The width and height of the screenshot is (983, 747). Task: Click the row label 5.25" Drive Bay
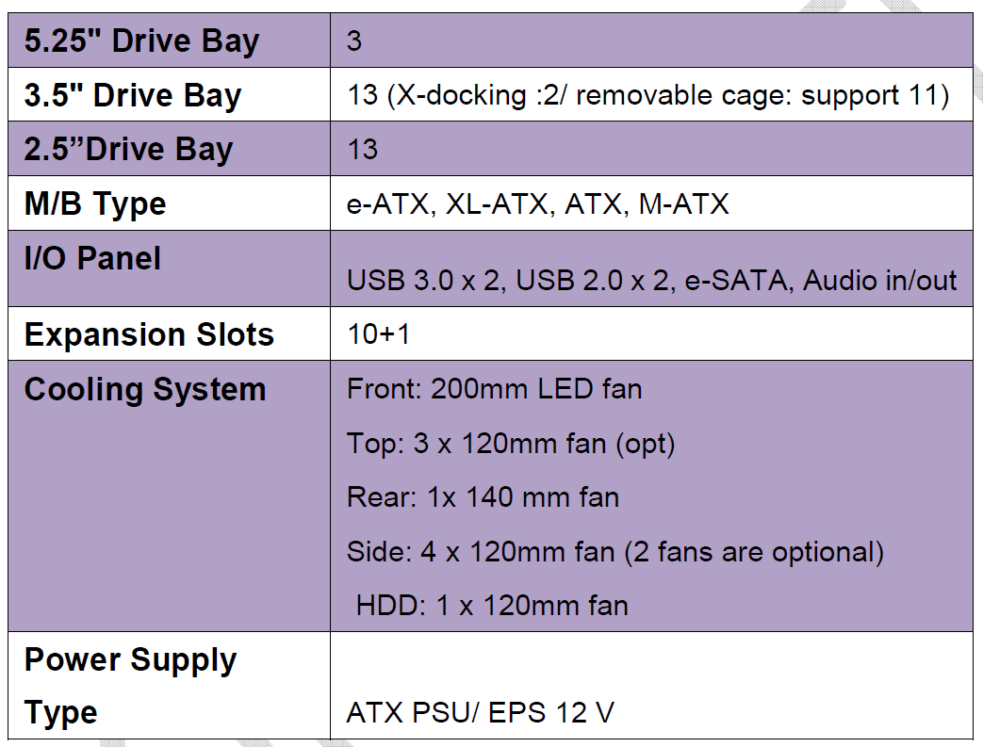pos(141,41)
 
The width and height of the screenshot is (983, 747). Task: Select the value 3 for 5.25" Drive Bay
pos(354,41)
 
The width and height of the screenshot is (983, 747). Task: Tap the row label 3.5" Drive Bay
pos(133,96)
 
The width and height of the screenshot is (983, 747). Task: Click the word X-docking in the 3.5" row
pos(462,95)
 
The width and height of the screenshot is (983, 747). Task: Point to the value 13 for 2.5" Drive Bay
pos(362,150)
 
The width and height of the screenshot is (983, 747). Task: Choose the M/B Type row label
pos(95,204)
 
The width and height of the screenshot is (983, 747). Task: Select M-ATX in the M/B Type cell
pos(684,204)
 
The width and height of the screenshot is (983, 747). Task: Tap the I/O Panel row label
pos(92,258)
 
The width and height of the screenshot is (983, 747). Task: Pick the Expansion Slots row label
pos(149,334)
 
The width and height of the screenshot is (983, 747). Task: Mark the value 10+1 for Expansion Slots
pos(379,334)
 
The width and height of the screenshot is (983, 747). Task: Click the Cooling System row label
pos(145,390)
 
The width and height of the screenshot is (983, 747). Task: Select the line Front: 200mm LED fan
pos(495,389)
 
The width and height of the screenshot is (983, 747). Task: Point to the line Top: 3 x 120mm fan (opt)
pos(511,444)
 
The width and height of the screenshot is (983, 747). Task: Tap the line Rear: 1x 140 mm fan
pos(483,497)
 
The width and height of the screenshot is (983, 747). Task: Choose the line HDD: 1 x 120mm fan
pos(492,606)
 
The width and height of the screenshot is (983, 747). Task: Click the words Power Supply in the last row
pos(130,660)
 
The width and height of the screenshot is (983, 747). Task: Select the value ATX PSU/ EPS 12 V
pos(481,712)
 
